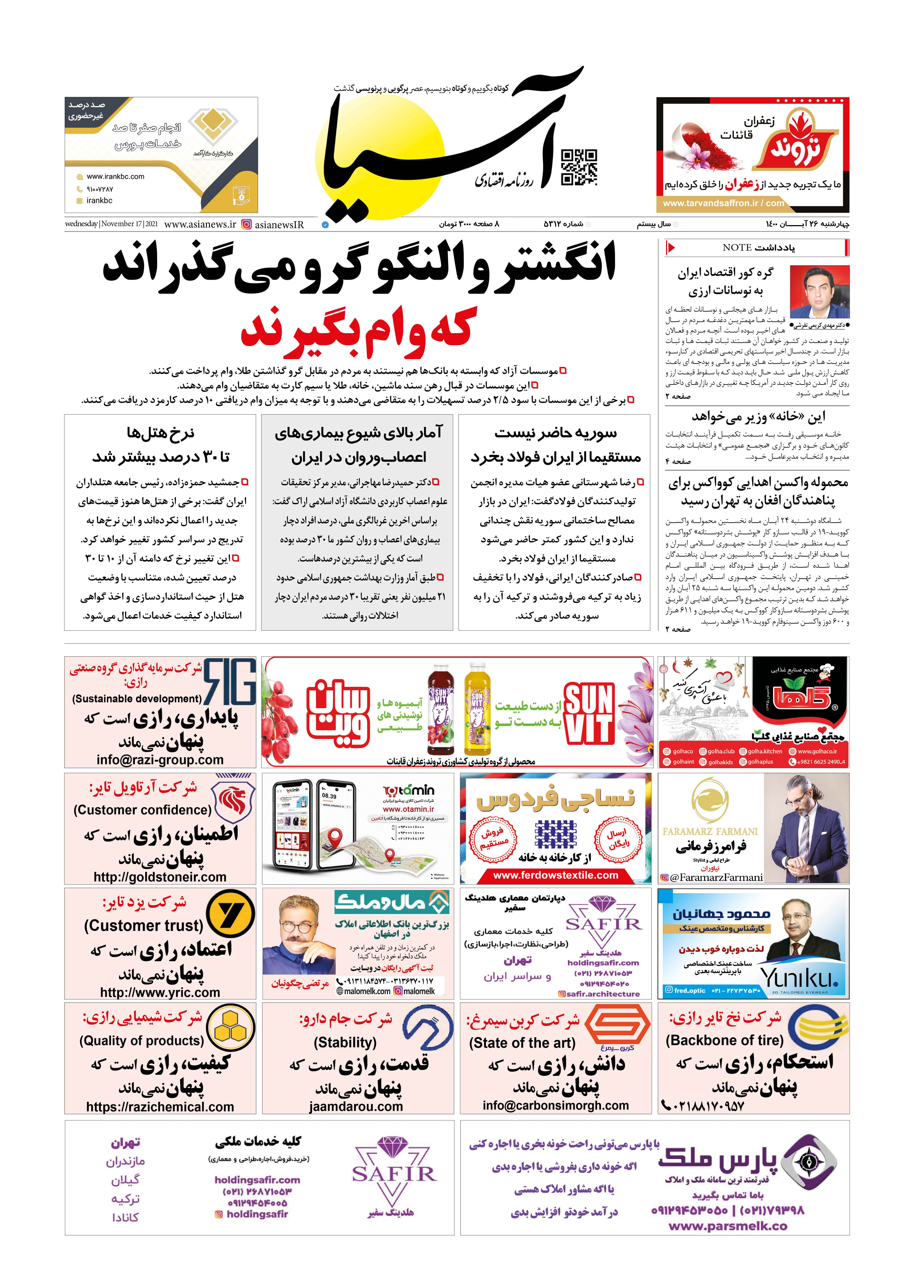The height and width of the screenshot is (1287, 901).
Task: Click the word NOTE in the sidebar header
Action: (736, 247)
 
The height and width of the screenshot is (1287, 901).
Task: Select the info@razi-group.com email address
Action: (160, 759)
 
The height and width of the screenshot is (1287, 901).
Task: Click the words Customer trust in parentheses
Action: (144, 925)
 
